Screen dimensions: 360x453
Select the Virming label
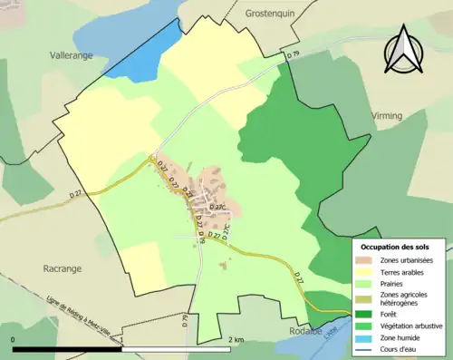(391, 116)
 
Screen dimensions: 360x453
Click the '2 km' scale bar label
(235, 340)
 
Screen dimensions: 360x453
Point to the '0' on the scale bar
(14, 340)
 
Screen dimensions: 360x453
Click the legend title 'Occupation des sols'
(395, 247)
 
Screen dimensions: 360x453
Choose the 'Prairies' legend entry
(394, 284)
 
